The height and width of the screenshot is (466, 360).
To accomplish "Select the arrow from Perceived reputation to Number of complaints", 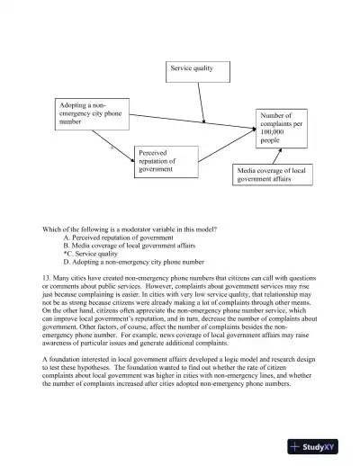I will coord(225,146).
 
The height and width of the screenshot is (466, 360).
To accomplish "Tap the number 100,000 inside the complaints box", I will coord(272,132).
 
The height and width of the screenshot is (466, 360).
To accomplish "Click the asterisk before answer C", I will coord(65,253).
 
